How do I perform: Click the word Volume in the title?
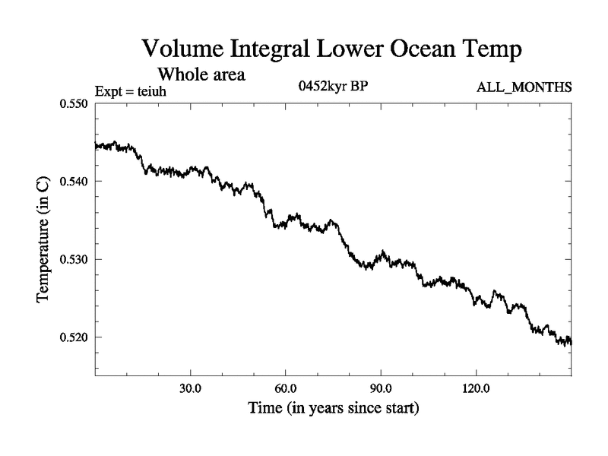[x=185, y=51]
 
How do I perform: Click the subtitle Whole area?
[x=201, y=74]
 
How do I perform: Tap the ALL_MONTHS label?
[x=524, y=87]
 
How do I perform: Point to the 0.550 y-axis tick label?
[x=74, y=103]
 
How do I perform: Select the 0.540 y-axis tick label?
[x=74, y=182]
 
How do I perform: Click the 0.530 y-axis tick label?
[x=74, y=259]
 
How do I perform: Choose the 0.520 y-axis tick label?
[x=74, y=337]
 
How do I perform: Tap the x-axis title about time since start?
[x=333, y=409]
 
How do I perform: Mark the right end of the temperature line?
[x=571, y=343]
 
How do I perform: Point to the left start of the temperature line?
[x=96, y=144]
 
